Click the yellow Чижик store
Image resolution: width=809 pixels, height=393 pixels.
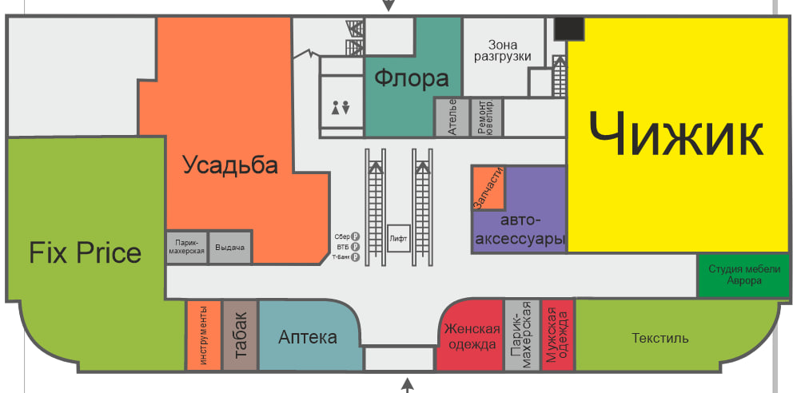click(x=679, y=135)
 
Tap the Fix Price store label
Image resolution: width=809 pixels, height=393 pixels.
click(x=85, y=252)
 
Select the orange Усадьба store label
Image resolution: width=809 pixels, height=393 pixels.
click(x=230, y=165)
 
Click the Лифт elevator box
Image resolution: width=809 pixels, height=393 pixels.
click(x=399, y=238)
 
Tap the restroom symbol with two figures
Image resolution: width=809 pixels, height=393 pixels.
click(x=341, y=109)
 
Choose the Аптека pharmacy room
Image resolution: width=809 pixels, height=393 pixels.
click(x=309, y=335)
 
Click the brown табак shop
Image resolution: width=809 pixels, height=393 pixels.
click(x=241, y=335)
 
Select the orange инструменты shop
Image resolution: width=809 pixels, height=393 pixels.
click(x=203, y=335)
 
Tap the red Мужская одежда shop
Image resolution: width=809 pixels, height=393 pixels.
click(x=558, y=335)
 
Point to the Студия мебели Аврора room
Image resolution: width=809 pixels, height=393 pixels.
click(x=743, y=276)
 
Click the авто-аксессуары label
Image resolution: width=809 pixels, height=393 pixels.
click(x=521, y=230)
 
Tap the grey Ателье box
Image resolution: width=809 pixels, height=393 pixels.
click(x=452, y=117)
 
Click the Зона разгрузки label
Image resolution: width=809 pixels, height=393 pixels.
click(x=503, y=50)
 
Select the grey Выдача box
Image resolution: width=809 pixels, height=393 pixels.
click(x=230, y=247)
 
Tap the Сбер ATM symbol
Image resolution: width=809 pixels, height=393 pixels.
click(x=355, y=236)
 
